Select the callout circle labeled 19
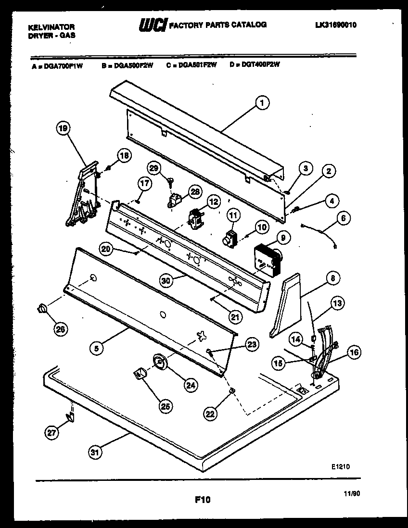pos(64,128)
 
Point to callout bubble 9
pos(282,237)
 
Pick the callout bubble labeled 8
pos(332,278)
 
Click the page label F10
pos(203,500)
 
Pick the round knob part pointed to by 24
pos(159,361)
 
